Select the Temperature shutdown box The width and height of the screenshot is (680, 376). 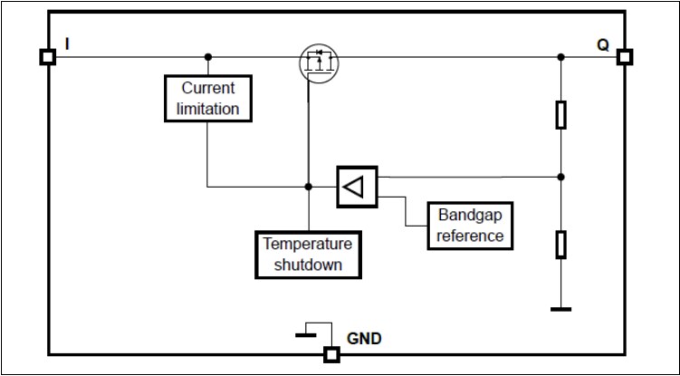tap(308, 255)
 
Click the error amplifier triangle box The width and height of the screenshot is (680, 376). tap(357, 187)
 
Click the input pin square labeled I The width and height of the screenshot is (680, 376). tap(47, 57)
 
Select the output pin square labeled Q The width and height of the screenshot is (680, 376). tap(624, 57)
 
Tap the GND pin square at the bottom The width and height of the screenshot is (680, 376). tap(331, 354)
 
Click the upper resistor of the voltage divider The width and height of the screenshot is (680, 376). tap(561, 115)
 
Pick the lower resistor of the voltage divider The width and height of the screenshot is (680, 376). tap(561, 244)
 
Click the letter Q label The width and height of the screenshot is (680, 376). tap(603, 43)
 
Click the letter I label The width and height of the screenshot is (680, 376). tap(69, 43)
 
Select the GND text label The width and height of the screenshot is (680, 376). tap(365, 340)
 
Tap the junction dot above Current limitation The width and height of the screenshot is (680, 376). tap(209, 57)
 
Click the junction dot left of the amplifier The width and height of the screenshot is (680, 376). tap(309, 187)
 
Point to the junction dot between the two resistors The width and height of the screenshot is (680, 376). tap(561, 177)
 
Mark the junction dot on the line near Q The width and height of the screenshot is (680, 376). tap(561, 57)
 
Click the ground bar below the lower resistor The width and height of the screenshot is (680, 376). tap(561, 309)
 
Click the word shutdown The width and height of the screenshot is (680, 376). tap(308, 265)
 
